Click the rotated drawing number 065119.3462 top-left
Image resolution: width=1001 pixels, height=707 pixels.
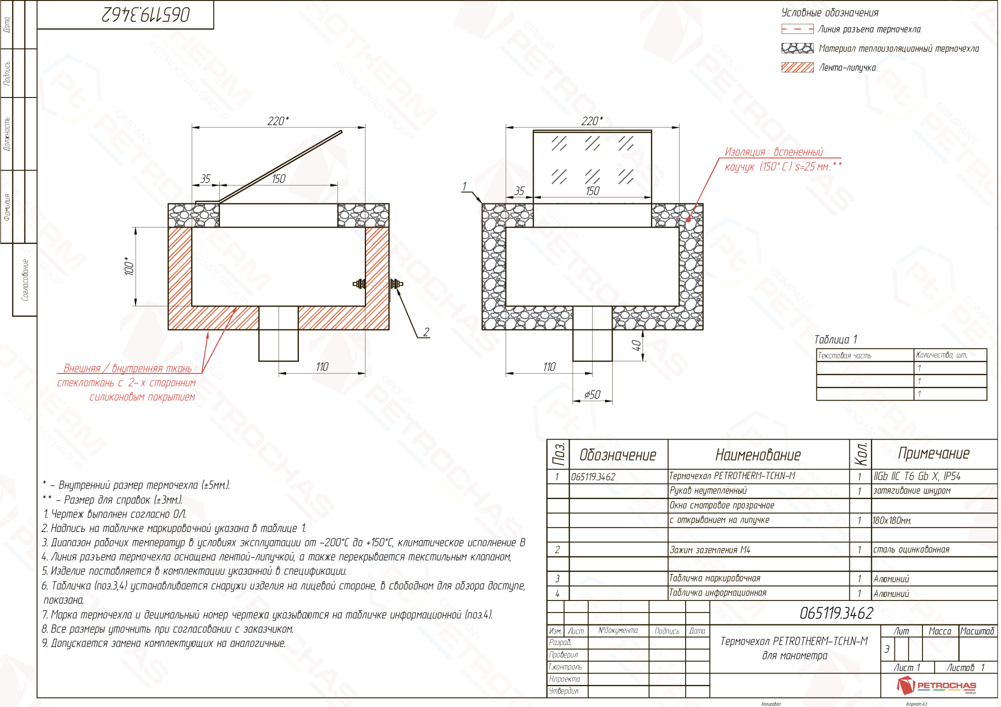pyautogui.click(x=146, y=14)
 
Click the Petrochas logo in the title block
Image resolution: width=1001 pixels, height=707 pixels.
pyautogui.click(x=936, y=685)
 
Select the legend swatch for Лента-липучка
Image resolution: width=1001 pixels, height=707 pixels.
pyautogui.click(x=797, y=67)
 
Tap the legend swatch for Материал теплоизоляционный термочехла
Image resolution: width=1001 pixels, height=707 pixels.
pyautogui.click(x=797, y=48)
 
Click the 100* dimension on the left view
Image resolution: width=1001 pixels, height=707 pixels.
pyautogui.click(x=130, y=266)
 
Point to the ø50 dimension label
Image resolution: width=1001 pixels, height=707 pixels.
pyautogui.click(x=593, y=394)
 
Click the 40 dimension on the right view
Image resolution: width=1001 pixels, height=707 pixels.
pyautogui.click(x=636, y=345)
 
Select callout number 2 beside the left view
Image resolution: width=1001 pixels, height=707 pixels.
pyautogui.click(x=426, y=332)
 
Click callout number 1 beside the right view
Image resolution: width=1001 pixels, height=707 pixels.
pyautogui.click(x=464, y=186)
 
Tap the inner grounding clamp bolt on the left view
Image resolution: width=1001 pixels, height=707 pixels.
pyautogui.click(x=359, y=284)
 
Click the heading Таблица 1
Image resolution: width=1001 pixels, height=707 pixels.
pyautogui.click(x=836, y=339)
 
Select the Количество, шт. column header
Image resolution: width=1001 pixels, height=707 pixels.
pyautogui.click(x=941, y=355)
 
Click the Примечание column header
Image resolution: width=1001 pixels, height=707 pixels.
pyautogui.click(x=933, y=453)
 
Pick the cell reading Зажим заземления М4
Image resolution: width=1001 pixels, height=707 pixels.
pyautogui.click(x=710, y=550)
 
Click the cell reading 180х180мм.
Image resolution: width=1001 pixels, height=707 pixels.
pyautogui.click(x=892, y=520)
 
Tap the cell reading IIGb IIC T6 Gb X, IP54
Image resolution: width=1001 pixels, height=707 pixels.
pyautogui.click(x=917, y=476)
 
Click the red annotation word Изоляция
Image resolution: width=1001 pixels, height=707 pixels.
pyautogui.click(x=745, y=152)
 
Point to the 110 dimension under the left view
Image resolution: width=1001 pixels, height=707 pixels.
pyautogui.click(x=322, y=367)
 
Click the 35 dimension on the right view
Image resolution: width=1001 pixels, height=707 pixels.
pyautogui.click(x=520, y=191)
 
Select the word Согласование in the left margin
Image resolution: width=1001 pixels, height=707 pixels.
pyautogui.click(x=25, y=279)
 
